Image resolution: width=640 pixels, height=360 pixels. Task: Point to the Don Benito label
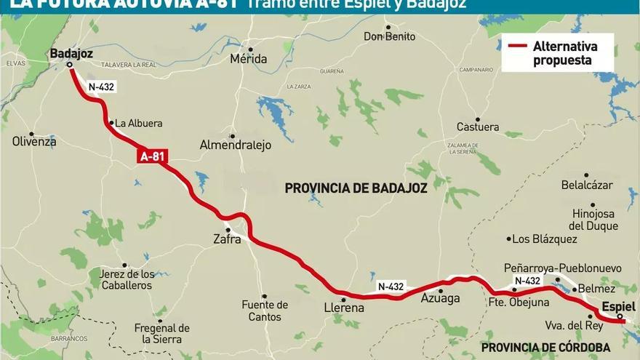tap(389, 36)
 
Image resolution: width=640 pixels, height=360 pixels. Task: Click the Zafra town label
tap(227, 238)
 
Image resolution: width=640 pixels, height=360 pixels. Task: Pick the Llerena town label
tap(343, 308)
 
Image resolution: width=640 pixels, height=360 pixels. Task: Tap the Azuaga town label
tap(441, 298)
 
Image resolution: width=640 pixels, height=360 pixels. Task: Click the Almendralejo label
tap(235, 145)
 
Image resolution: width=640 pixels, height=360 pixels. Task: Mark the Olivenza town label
tap(34, 141)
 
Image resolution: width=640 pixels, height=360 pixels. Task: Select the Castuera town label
tap(478, 127)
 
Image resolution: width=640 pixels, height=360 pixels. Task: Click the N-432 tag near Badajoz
tap(101, 87)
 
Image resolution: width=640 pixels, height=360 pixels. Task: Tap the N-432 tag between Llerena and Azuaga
tap(391, 287)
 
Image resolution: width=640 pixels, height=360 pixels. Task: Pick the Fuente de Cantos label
tap(265, 311)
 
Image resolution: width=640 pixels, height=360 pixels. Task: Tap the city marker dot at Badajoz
tap(70, 65)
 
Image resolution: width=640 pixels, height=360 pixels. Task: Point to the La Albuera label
tap(139, 124)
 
